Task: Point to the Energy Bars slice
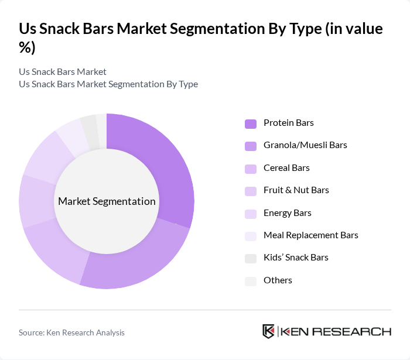pos(46,155)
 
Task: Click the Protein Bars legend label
pos(288,123)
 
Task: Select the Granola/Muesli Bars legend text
pos(305,145)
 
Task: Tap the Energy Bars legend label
pos(287,212)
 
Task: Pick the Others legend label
pos(278,280)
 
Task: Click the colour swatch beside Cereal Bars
pos(250,169)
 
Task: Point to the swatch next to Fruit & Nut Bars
pos(250,191)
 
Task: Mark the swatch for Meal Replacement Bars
pos(250,236)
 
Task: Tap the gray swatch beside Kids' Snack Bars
pos(250,258)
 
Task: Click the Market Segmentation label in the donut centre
pos(107,201)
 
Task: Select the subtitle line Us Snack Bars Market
pos(63,71)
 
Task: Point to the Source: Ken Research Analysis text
pos(71,332)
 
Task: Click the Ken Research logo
pos(326,331)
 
